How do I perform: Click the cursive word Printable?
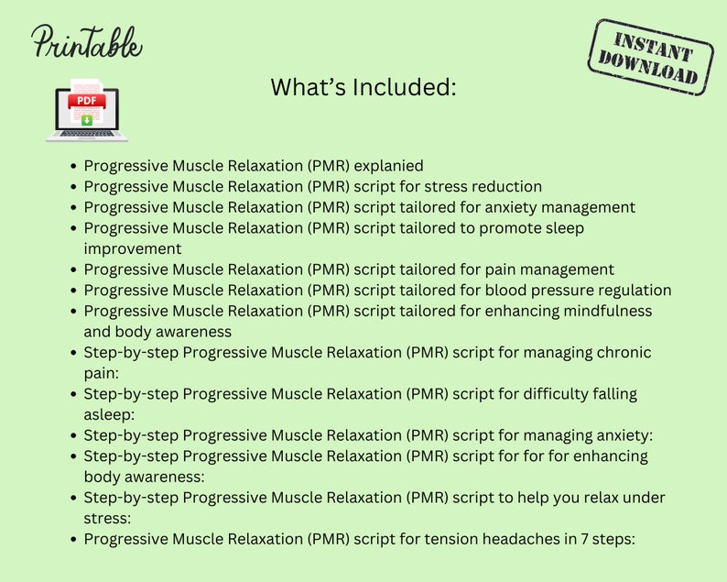coord(87,42)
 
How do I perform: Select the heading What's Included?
coord(363,88)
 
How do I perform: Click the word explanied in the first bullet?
coord(388,166)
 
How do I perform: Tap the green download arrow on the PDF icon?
coord(87,119)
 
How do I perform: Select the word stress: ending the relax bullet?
coord(108,518)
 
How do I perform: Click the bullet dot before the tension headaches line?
coord(73,540)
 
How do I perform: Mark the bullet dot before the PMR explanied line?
coord(73,167)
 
